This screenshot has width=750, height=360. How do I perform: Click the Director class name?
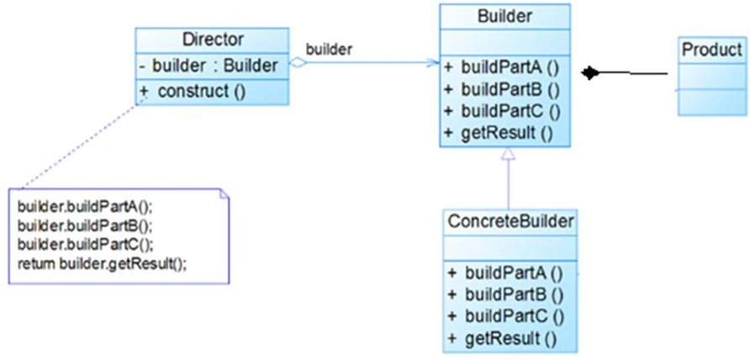click(x=213, y=40)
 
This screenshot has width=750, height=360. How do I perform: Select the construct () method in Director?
click(x=202, y=92)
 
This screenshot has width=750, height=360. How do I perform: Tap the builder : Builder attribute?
click(x=214, y=66)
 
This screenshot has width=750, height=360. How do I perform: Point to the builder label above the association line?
click(x=329, y=50)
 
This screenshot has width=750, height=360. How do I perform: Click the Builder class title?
click(x=504, y=16)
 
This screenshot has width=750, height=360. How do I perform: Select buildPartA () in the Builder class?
click(x=510, y=67)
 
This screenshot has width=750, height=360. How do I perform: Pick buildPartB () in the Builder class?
click(x=510, y=89)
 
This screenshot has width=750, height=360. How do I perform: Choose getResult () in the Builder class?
click(x=507, y=133)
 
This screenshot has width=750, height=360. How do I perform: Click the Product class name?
click(x=712, y=50)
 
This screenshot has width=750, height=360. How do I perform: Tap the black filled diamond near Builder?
click(x=590, y=73)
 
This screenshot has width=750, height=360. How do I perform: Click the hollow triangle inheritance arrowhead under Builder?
click(x=509, y=153)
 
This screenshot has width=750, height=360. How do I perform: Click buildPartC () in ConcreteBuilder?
click(x=514, y=316)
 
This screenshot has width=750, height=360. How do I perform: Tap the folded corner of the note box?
click(x=224, y=194)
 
